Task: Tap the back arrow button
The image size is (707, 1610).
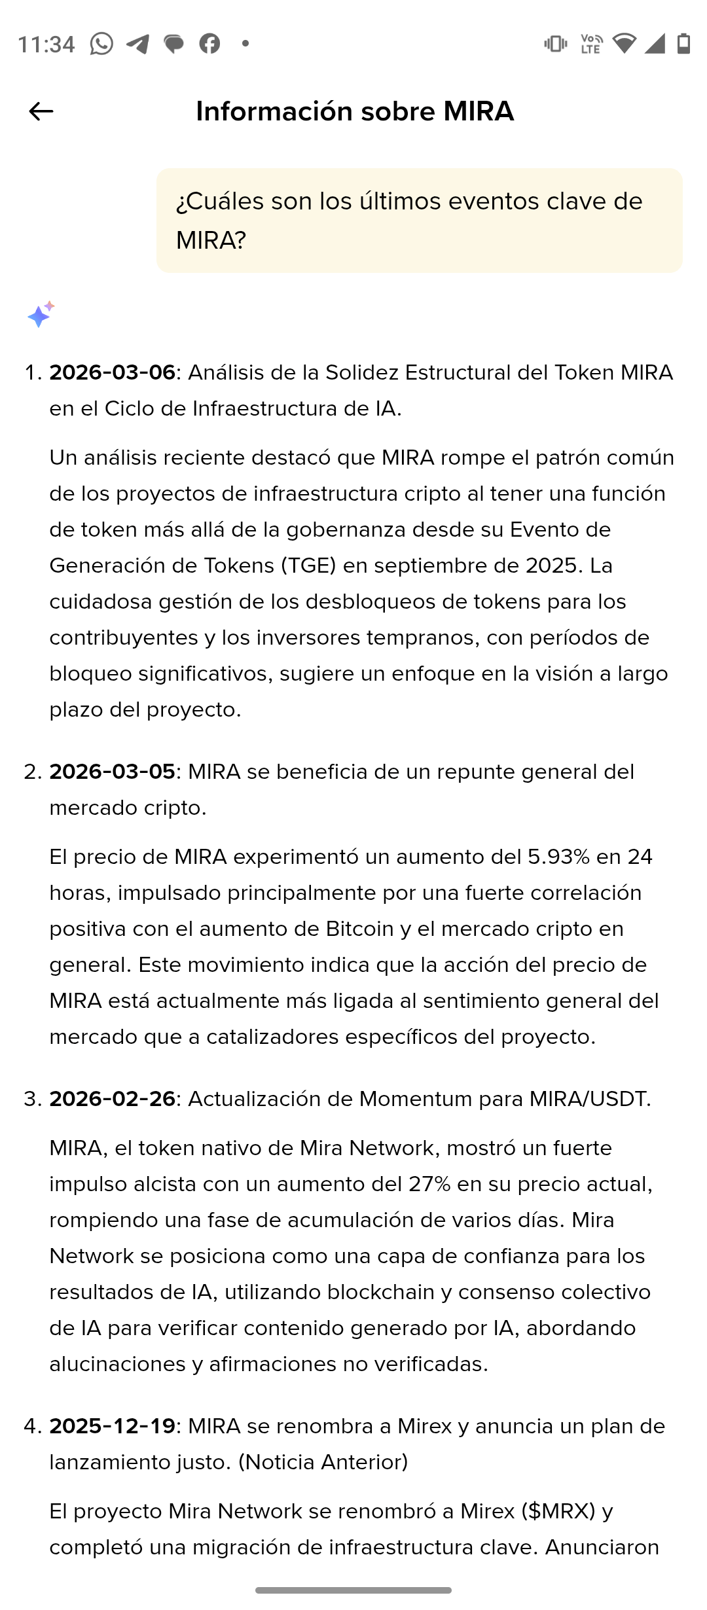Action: click(41, 111)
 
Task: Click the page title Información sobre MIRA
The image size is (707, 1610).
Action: click(354, 111)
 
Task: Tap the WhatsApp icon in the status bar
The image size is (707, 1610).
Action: click(101, 44)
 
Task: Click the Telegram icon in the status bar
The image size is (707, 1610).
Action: click(137, 44)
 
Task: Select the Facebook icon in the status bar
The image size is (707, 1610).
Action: click(209, 44)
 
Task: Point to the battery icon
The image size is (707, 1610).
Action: click(683, 44)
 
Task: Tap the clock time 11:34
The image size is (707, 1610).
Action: click(46, 45)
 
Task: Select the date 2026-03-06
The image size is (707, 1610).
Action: click(112, 372)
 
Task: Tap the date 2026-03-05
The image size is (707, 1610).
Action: click(112, 772)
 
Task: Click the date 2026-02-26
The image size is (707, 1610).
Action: click(112, 1099)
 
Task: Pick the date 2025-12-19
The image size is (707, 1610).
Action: click(112, 1426)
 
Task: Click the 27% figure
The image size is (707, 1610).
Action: click(429, 1184)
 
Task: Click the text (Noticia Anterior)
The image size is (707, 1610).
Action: click(323, 1462)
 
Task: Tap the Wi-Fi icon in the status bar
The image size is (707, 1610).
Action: click(623, 44)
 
